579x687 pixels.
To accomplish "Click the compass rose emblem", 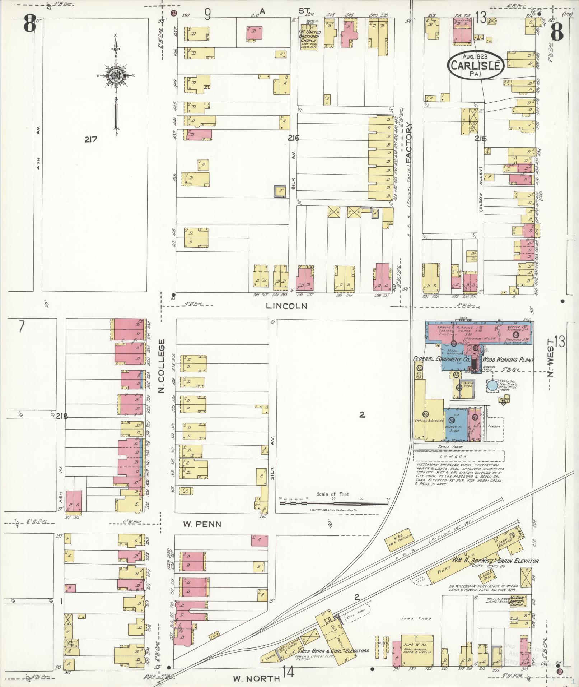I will [116, 76].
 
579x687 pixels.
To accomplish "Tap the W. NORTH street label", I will [256, 678].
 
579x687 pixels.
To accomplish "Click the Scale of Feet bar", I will [334, 504].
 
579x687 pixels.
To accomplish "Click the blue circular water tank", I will [492, 386].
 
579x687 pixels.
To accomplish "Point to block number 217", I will [91, 139].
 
